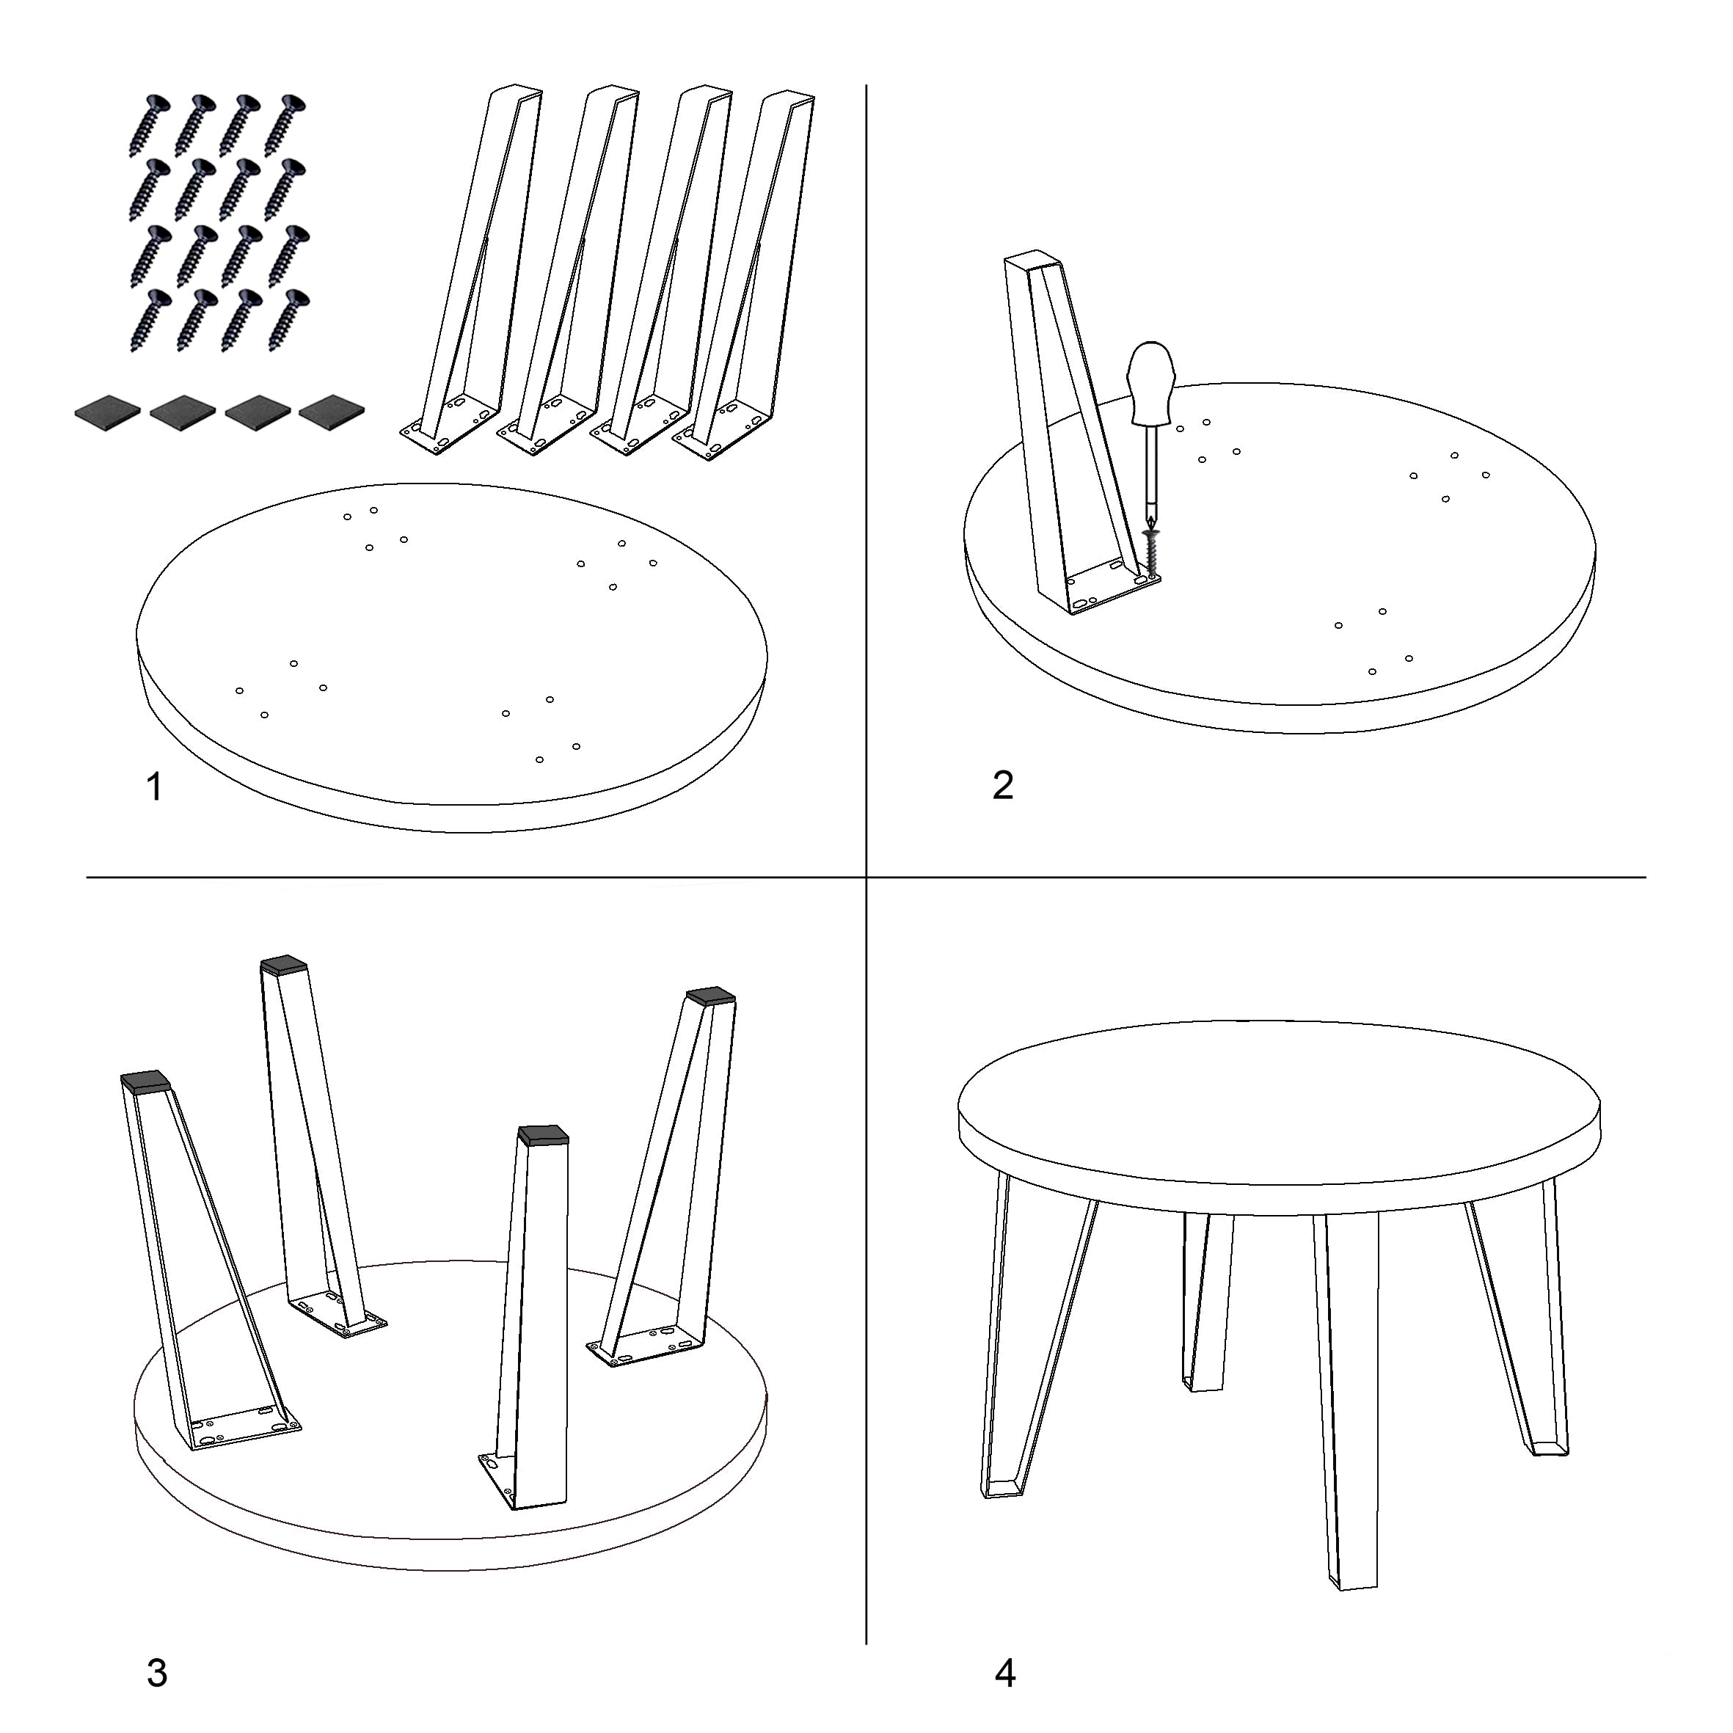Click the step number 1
[x=154, y=787]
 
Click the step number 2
[x=1003, y=785]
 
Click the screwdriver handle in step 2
[x=1152, y=382]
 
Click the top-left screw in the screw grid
[x=149, y=125]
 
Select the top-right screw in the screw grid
[x=286, y=125]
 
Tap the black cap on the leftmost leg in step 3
[x=145, y=1081]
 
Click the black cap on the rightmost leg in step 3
[x=710, y=996]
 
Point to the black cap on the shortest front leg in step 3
[x=543, y=1137]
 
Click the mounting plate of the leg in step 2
[x=1112, y=588]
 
